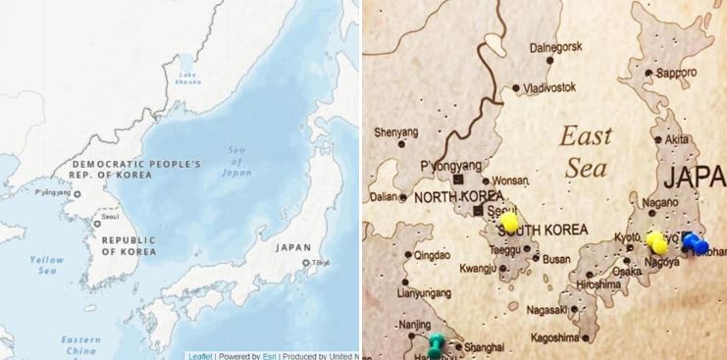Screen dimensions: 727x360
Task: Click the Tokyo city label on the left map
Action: (x=320, y=263)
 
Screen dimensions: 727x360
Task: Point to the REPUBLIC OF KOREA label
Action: (x=129, y=246)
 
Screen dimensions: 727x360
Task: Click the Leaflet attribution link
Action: (x=200, y=355)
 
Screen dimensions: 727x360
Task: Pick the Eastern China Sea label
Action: (x=80, y=344)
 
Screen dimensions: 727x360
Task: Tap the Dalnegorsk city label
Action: (x=555, y=46)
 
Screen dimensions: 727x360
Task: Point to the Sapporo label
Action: (x=676, y=73)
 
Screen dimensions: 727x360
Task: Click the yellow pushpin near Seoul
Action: (x=510, y=223)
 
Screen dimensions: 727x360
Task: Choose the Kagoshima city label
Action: (x=553, y=338)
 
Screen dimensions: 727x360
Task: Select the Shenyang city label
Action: (x=396, y=132)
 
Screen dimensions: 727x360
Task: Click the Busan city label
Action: (x=556, y=260)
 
